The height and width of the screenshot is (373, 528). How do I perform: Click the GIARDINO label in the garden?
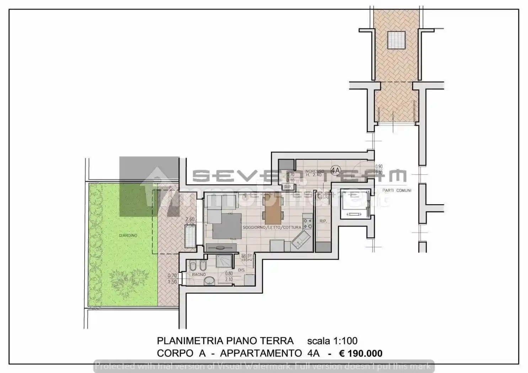click(128, 236)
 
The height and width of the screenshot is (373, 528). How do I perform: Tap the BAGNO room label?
click(199, 275)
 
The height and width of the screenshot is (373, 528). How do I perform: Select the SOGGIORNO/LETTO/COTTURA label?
click(272, 227)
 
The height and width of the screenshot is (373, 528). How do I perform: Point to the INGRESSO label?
click(314, 171)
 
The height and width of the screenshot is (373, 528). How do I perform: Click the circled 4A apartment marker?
click(335, 171)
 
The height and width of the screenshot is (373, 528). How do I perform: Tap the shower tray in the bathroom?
click(224, 261)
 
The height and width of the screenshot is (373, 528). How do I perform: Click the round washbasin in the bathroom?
click(210, 281)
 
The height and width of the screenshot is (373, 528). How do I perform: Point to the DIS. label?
click(242, 270)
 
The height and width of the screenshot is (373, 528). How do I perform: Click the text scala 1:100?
click(332, 341)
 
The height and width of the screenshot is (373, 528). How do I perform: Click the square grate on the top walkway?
click(396, 40)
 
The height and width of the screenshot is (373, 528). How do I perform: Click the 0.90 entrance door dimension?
click(379, 167)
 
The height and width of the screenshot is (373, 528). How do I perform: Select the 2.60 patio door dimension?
click(190, 220)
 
